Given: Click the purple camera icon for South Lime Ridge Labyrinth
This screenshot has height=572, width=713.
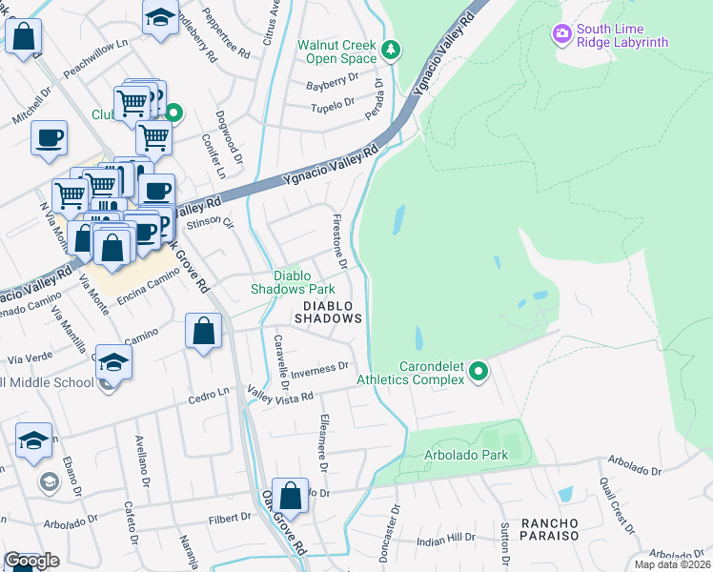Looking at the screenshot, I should [x=562, y=34].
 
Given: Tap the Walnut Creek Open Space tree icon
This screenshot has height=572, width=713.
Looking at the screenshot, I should [x=389, y=50].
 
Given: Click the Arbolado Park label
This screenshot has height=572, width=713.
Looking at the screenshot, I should [x=466, y=455].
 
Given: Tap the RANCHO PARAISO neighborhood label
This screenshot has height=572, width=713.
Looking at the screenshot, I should [x=549, y=529].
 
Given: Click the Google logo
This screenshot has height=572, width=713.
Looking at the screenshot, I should [x=32, y=561].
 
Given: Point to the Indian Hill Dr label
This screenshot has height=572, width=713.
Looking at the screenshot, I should [x=448, y=541].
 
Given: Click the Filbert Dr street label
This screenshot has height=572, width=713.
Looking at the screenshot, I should [x=229, y=518].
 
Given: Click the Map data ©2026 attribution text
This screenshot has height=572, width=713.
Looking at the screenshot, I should [x=672, y=564].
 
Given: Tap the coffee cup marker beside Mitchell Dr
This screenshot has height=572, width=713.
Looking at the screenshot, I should [x=49, y=138].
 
